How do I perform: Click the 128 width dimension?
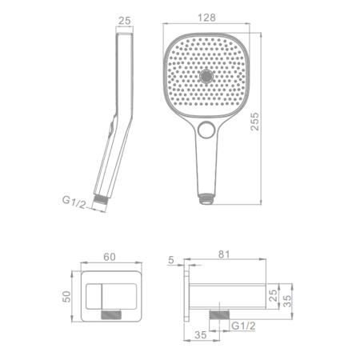tap(206, 18)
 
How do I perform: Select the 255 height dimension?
tap(255, 122)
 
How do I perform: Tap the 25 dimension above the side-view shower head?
tap(124, 21)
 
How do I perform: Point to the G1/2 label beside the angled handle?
tap(74, 202)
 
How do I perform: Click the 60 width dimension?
tap(110, 257)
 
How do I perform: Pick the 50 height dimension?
tap(66, 296)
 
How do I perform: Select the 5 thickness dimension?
tap(171, 260)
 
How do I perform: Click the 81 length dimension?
tap(224, 254)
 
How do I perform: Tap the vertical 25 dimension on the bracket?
tap(273, 295)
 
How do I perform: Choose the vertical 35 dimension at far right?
tap(287, 301)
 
